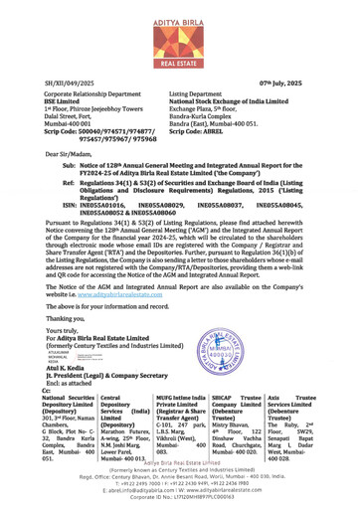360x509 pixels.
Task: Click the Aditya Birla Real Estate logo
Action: [x=180, y=33]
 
